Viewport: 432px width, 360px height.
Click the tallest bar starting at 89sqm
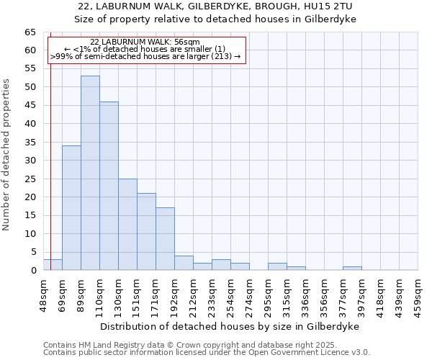[90, 173]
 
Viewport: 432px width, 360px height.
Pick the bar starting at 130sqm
[127, 224]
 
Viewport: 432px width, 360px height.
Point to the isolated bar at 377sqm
[352, 269]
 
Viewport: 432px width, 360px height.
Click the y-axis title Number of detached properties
[7, 155]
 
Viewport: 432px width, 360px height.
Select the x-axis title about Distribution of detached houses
[229, 326]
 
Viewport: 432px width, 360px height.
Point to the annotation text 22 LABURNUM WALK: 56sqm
[145, 42]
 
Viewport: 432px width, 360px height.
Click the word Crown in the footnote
[156, 345]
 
